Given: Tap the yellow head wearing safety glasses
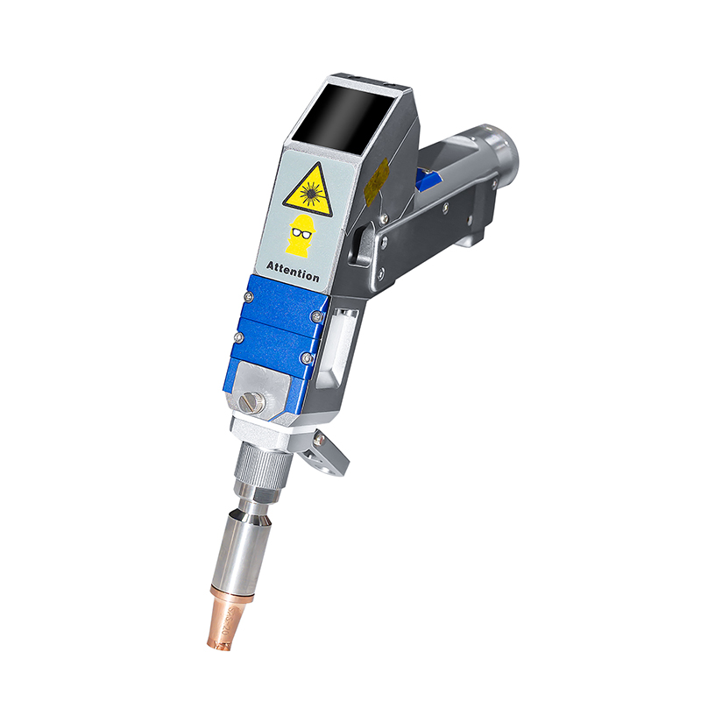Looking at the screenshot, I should coord(302,235).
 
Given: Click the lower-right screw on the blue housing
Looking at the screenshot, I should coord(304,357).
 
